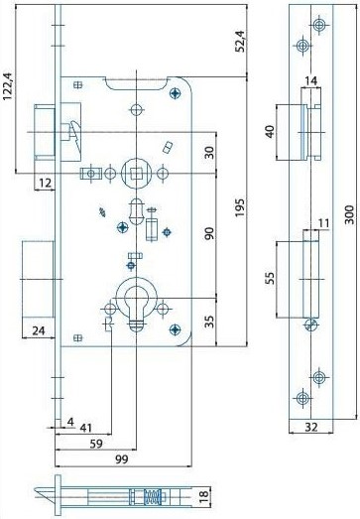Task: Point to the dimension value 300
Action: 349,215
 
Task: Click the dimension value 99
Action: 120,460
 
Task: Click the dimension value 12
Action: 46,184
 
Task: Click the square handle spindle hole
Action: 135,173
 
